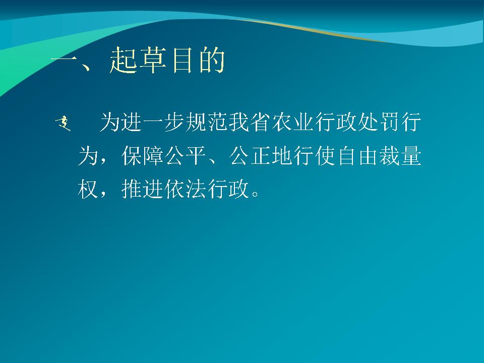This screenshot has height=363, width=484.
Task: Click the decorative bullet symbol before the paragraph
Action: (63, 123)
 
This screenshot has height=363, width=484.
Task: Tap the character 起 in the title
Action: (123, 60)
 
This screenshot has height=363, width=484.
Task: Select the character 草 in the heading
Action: (152, 60)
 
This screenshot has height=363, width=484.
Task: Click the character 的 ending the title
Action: (212, 60)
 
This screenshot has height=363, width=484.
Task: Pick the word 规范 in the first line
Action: (207, 122)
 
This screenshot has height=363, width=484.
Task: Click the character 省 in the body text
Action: (260, 122)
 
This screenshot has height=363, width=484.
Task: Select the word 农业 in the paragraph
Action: (292, 122)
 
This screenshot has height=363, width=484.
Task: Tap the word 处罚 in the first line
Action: (379, 122)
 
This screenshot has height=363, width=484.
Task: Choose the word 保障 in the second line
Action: (142, 156)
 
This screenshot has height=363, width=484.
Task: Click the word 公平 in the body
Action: (185, 156)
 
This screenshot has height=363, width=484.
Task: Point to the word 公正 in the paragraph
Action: (250, 156)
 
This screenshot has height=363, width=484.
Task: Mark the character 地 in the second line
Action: (282, 156)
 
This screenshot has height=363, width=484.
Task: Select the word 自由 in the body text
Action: (357, 156)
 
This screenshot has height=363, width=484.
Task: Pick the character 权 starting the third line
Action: (88, 189)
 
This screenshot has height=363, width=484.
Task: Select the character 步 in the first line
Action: (174, 122)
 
